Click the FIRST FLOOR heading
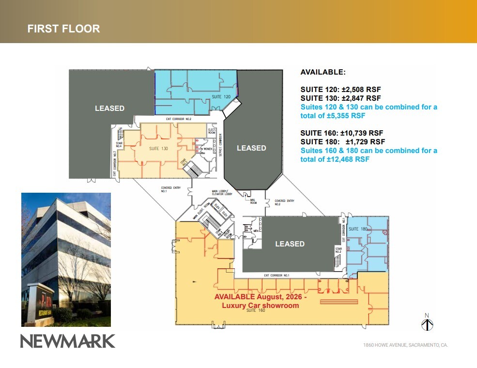click(x=63, y=29)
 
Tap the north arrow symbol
click(x=427, y=323)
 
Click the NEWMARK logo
click(x=68, y=341)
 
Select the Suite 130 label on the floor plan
click(x=158, y=149)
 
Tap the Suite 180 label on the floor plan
click(x=358, y=229)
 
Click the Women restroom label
click(x=208, y=149)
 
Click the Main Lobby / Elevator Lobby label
click(x=222, y=192)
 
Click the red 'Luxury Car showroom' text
click(x=260, y=305)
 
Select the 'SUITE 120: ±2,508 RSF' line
click(x=340, y=89)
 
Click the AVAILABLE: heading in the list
click(x=323, y=72)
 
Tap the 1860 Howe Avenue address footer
click(x=405, y=345)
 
